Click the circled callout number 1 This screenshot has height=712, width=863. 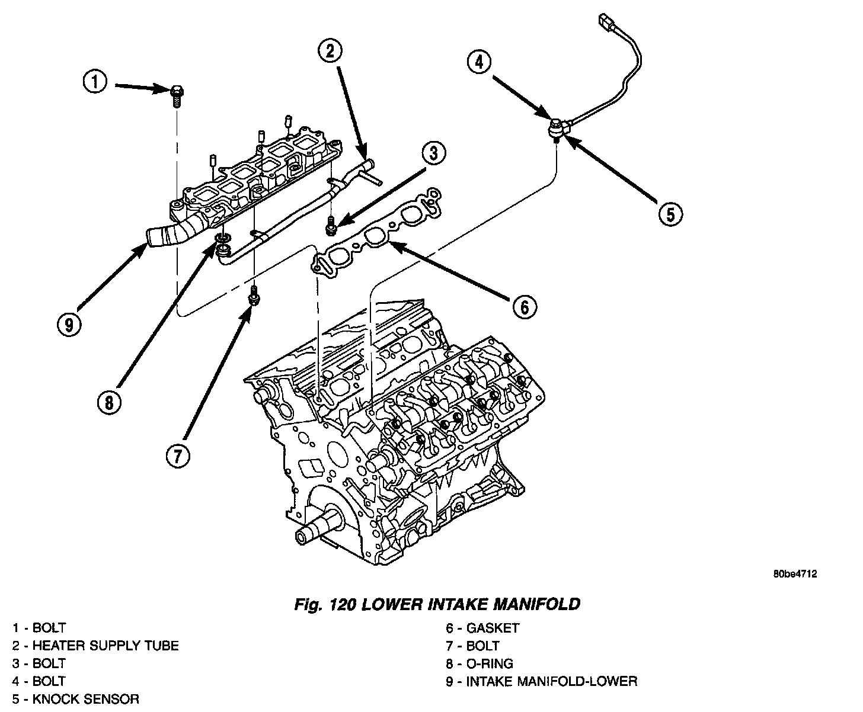tap(95, 82)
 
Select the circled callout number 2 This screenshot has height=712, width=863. tap(330, 52)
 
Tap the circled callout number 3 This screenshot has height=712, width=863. tap(434, 153)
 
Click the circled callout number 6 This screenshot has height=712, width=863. tap(525, 306)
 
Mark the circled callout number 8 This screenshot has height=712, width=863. tap(110, 403)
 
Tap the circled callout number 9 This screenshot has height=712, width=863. tap(70, 324)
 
